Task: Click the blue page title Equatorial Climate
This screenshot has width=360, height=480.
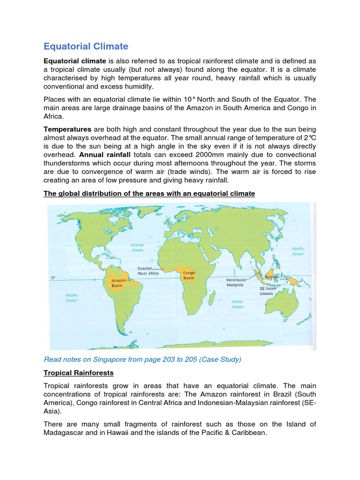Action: [x=86, y=46]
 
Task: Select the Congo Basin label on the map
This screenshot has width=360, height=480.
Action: [x=189, y=275]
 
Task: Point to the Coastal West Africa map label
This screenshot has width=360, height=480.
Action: [x=148, y=270]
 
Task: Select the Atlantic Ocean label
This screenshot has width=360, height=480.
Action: [x=137, y=247]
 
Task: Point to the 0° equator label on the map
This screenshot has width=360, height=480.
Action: [x=53, y=278]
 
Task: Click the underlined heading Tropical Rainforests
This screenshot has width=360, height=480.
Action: [x=78, y=373]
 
